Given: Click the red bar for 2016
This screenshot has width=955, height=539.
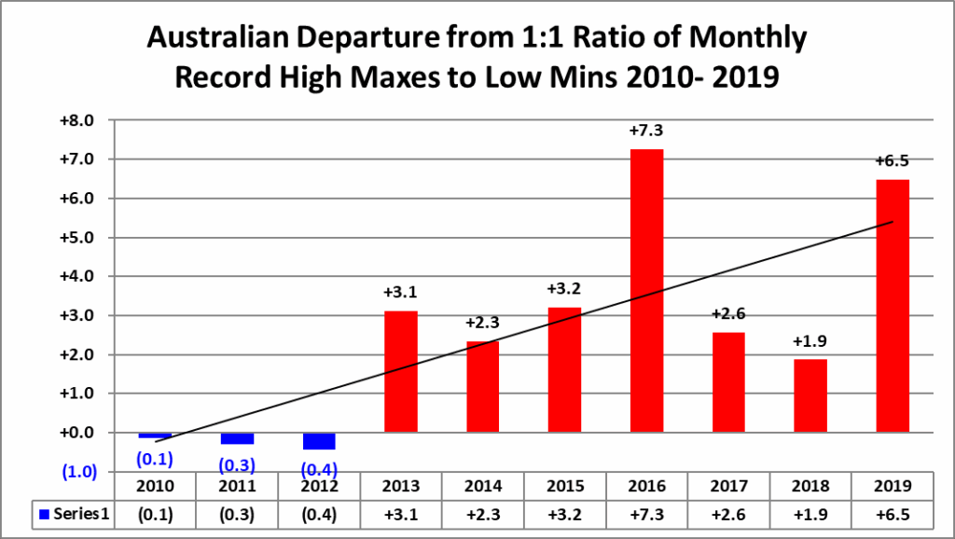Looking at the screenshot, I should (646, 291).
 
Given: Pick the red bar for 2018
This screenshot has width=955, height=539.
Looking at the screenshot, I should (810, 395).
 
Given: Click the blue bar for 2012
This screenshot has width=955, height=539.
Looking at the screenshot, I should (319, 441).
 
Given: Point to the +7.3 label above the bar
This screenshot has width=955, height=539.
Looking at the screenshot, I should (646, 131).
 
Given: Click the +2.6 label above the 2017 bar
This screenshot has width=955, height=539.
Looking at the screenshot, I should (728, 314).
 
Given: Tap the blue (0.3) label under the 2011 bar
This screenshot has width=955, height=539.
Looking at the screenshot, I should (237, 463).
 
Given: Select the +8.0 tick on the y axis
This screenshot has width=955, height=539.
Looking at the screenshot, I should (77, 120).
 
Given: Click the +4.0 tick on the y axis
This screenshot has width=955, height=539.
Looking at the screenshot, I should (77, 277).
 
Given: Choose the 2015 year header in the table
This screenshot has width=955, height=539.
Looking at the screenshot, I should (564, 487).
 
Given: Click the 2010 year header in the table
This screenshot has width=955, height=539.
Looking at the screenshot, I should (155, 487).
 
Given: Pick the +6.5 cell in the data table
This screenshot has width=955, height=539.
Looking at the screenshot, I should (893, 514).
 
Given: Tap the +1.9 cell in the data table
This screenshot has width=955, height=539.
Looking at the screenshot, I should (810, 514).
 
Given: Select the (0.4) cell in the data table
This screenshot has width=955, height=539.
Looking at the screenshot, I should (319, 514).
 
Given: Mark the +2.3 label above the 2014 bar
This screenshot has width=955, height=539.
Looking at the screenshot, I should (482, 323).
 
